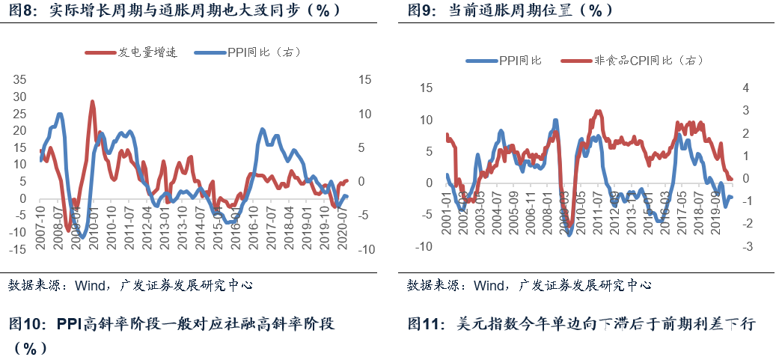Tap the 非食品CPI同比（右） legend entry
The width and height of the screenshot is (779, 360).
click(644, 61)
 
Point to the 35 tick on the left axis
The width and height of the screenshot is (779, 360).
click(19, 79)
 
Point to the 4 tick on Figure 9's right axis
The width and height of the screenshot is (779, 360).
click(745, 88)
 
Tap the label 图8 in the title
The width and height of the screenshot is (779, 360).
click(20, 10)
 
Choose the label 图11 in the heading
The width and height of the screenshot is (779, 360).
click(424, 324)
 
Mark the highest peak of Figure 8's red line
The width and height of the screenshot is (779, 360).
click(92, 101)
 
